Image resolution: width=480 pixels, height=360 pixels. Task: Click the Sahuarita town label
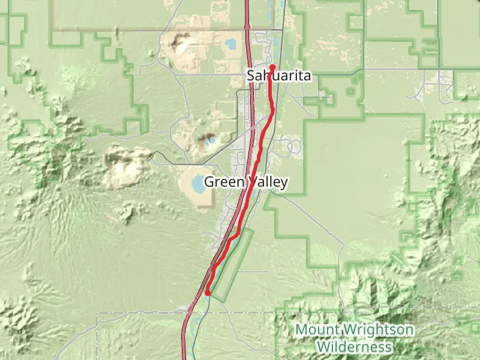[278, 76]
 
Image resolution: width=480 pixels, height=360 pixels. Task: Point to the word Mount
[318, 329]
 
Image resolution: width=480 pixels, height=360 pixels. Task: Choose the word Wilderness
[354, 347]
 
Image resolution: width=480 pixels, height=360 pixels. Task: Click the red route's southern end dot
[208, 293]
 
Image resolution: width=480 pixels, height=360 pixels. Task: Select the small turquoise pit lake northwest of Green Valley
[209, 143]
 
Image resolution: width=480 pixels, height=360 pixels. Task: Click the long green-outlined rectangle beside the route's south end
[232, 264]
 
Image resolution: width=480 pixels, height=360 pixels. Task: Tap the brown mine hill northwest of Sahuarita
[179, 43]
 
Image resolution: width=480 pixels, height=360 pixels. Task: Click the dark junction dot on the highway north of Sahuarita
[247, 26]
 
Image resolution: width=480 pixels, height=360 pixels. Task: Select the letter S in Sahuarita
[250, 76]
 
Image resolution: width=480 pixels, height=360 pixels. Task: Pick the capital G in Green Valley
[209, 182]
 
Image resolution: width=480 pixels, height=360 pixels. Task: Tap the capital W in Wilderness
[323, 347]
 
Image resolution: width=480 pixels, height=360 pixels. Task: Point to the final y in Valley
[284, 183]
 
